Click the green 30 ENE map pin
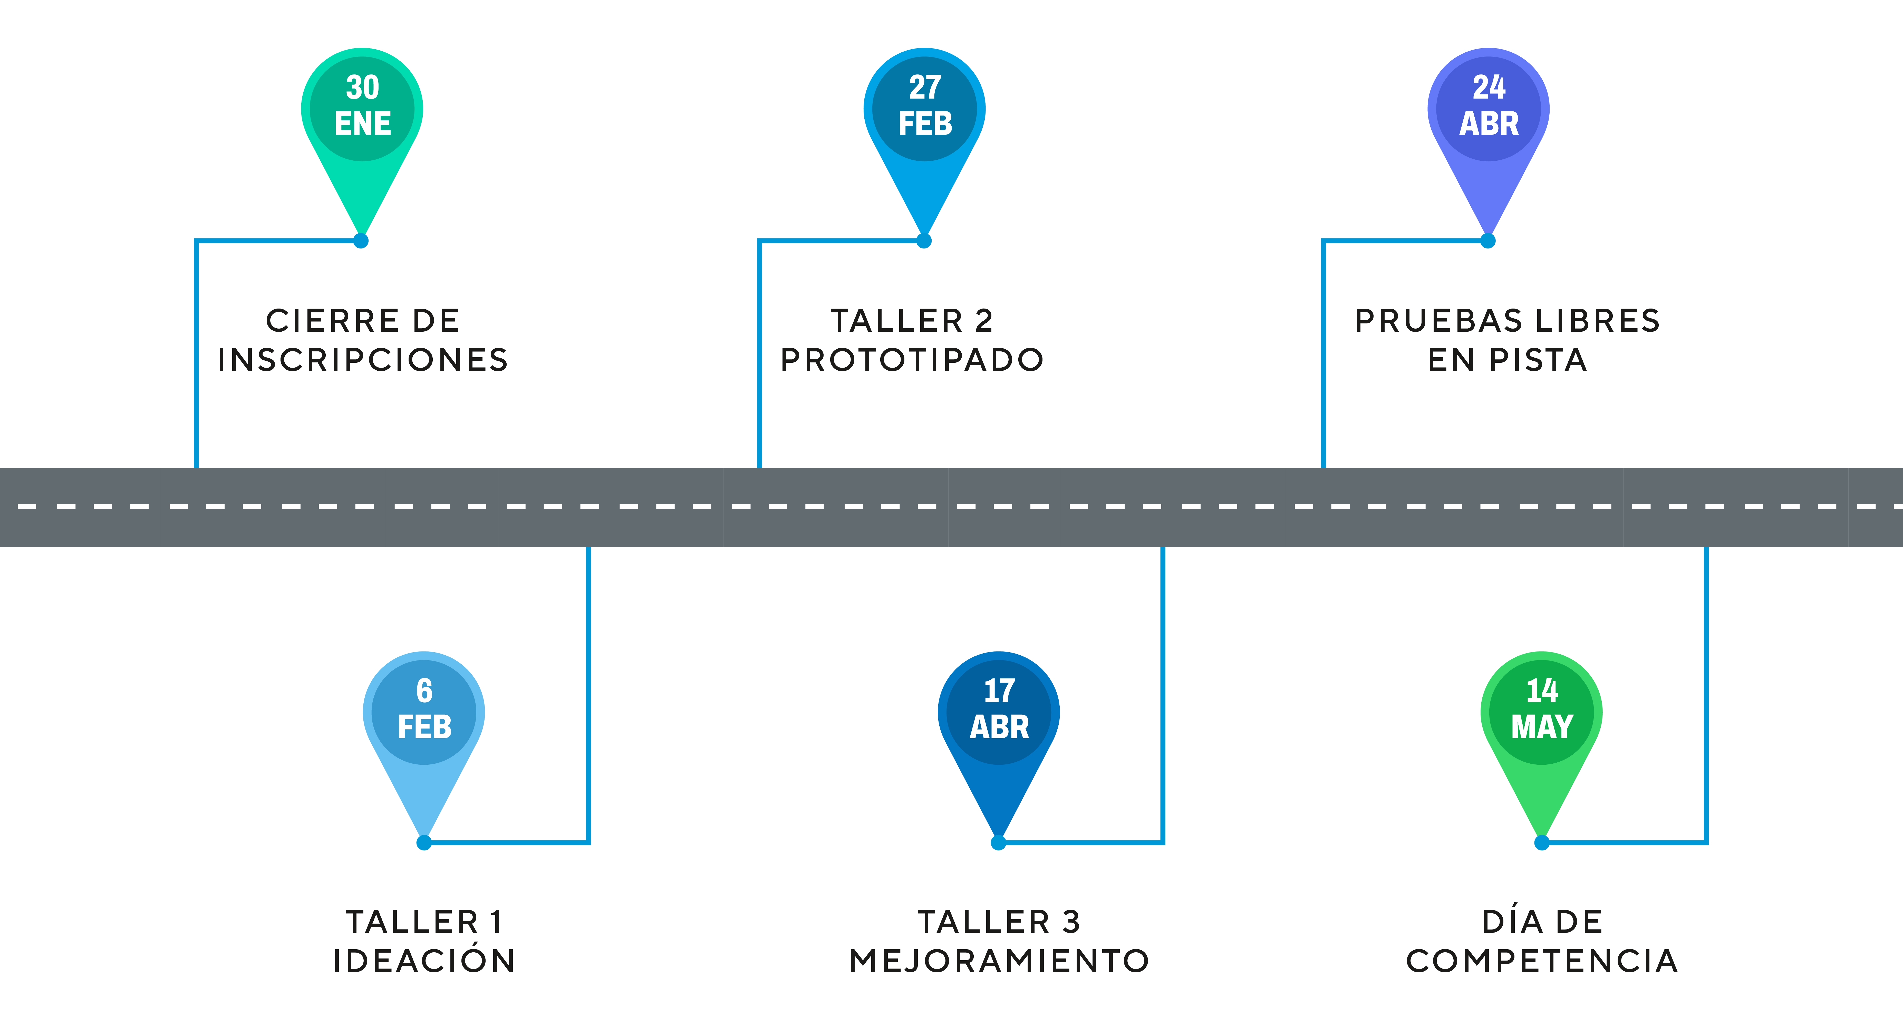pos(362,111)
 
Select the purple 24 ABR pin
pos(1489,111)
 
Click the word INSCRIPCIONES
pos(363,360)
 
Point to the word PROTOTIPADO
pos(912,360)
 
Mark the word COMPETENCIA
pos(1542,962)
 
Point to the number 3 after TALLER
pos(1071,923)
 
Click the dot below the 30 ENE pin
pos(361,241)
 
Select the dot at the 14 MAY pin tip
pos(1542,843)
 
